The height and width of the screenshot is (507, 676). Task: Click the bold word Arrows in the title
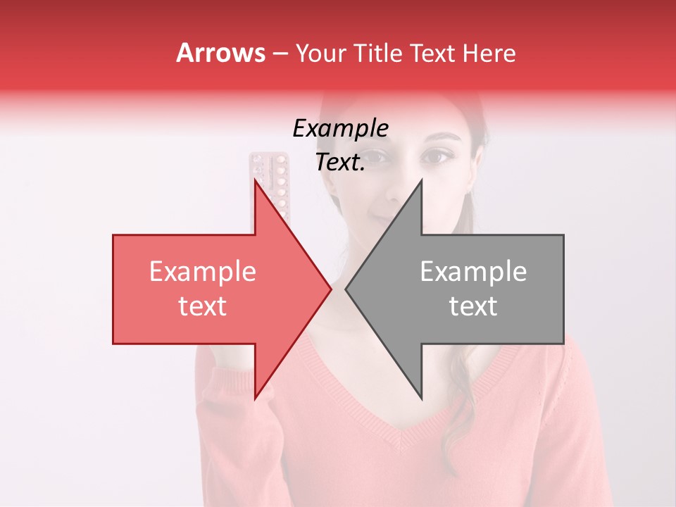[220, 53]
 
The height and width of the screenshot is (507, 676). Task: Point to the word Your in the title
[321, 53]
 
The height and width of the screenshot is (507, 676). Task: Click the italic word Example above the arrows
[340, 128]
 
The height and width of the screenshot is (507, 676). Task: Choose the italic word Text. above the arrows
[340, 162]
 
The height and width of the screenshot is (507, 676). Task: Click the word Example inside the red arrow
[202, 272]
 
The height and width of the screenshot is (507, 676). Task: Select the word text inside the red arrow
[202, 306]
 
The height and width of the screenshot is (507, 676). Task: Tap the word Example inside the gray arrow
[473, 272]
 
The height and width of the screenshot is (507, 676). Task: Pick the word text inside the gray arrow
[473, 306]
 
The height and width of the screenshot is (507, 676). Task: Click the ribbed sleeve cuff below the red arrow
[225, 380]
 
